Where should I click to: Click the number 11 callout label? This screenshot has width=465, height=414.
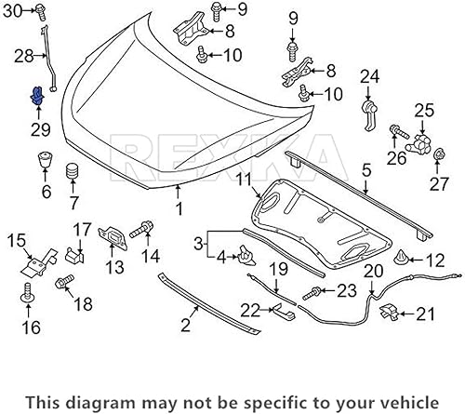(242, 179)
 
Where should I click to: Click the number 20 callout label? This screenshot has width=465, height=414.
(373, 271)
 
